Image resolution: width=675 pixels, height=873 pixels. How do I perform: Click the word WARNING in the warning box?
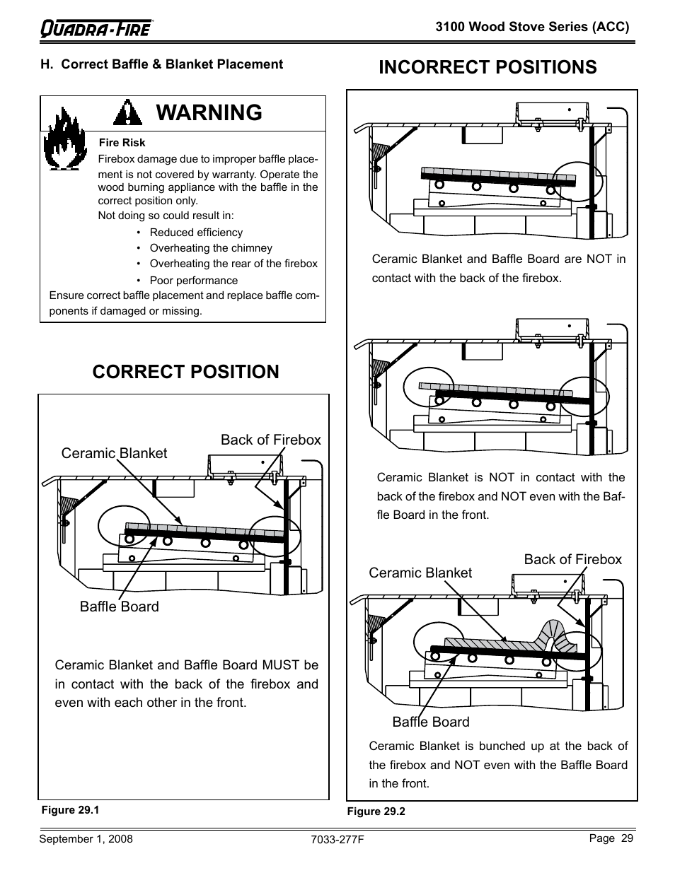coord(209,112)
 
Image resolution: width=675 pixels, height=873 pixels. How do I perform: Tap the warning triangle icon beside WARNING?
coord(128,112)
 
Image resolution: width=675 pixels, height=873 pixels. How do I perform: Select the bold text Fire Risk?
coord(122,143)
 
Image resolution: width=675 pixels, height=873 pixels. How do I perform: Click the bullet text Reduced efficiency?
coord(196,233)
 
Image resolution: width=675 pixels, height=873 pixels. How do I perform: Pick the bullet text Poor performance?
coord(193,280)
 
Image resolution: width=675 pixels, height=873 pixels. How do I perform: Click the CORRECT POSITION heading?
coord(185,372)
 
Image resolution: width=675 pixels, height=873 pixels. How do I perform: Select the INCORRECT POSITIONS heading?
coord(487,67)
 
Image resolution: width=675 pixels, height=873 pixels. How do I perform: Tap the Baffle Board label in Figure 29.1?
coord(119,607)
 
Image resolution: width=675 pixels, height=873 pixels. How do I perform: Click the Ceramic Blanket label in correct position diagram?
coord(114,453)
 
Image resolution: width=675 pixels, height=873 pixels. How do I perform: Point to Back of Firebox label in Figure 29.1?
coord(270,440)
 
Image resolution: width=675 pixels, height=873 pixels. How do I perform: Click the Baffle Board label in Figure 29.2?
coord(430,722)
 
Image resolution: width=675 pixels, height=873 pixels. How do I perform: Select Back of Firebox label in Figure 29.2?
coord(572,559)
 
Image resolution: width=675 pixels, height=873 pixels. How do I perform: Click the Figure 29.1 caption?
coord(70,810)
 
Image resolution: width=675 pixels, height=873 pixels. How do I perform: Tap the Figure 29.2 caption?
coord(376,812)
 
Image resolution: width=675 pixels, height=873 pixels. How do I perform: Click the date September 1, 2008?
coord(86,839)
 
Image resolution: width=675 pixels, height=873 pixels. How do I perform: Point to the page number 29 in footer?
coord(626,838)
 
